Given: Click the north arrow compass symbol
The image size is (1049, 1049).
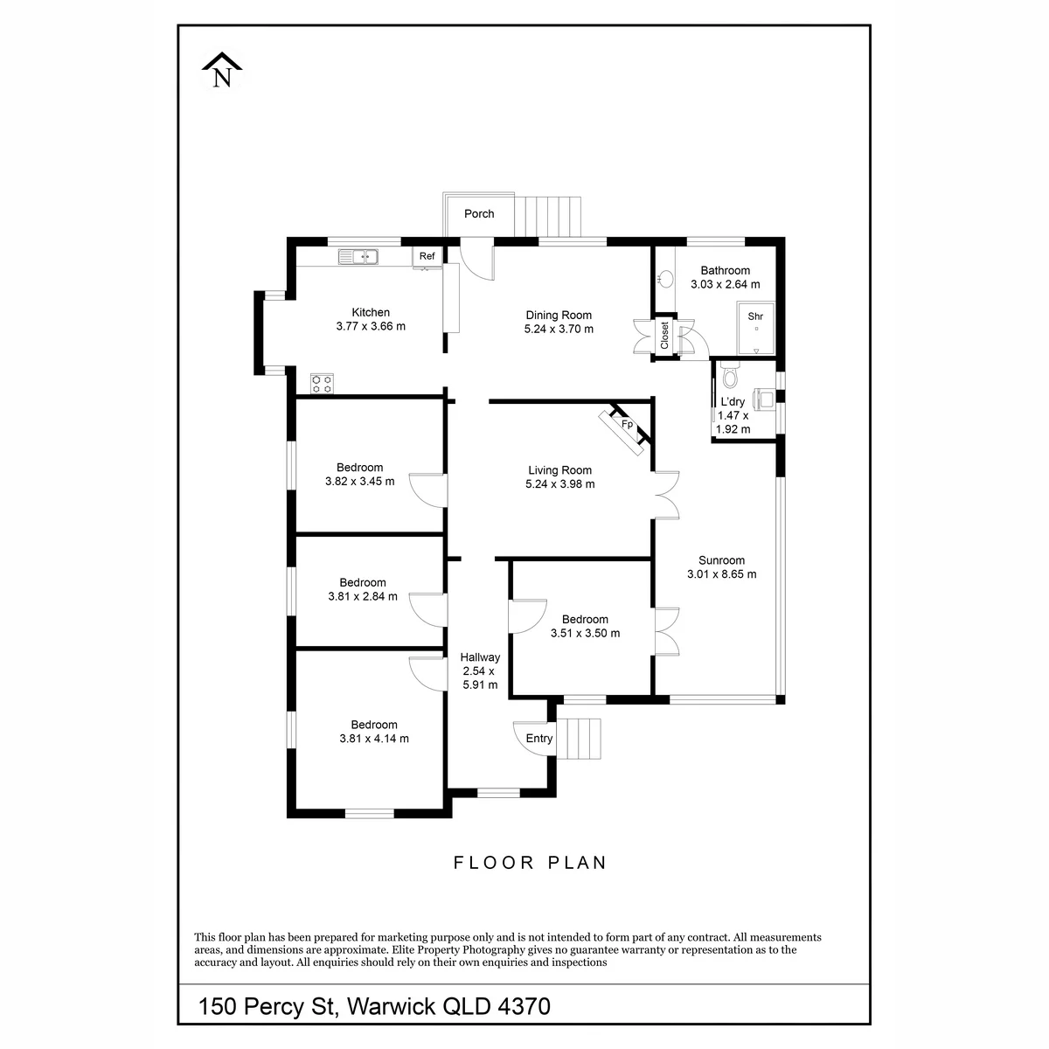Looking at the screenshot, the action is click(221, 70).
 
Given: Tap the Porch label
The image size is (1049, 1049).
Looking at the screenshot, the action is click(478, 214).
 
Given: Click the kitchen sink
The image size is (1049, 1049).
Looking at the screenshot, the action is click(358, 256).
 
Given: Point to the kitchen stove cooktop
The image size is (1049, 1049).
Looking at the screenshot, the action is click(322, 383).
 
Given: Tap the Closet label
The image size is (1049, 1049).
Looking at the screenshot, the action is click(664, 336).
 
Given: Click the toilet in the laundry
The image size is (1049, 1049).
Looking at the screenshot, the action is click(729, 374).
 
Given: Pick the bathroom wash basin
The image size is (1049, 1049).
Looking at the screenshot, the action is click(665, 279).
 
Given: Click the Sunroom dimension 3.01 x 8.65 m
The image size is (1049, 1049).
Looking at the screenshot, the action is click(721, 573).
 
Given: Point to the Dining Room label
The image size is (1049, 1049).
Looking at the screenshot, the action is click(559, 316).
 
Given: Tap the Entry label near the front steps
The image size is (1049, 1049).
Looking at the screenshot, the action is click(539, 738).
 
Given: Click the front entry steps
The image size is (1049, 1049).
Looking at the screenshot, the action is click(579, 739).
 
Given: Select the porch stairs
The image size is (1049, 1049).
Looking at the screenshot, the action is click(547, 217).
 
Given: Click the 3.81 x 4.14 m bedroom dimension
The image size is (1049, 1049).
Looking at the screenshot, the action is click(374, 738).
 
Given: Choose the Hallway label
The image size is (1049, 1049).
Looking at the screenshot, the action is click(480, 657).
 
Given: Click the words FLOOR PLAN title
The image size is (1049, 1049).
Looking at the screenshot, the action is click(531, 863).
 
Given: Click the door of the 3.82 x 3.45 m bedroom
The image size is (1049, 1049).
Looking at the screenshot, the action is click(428, 490).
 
